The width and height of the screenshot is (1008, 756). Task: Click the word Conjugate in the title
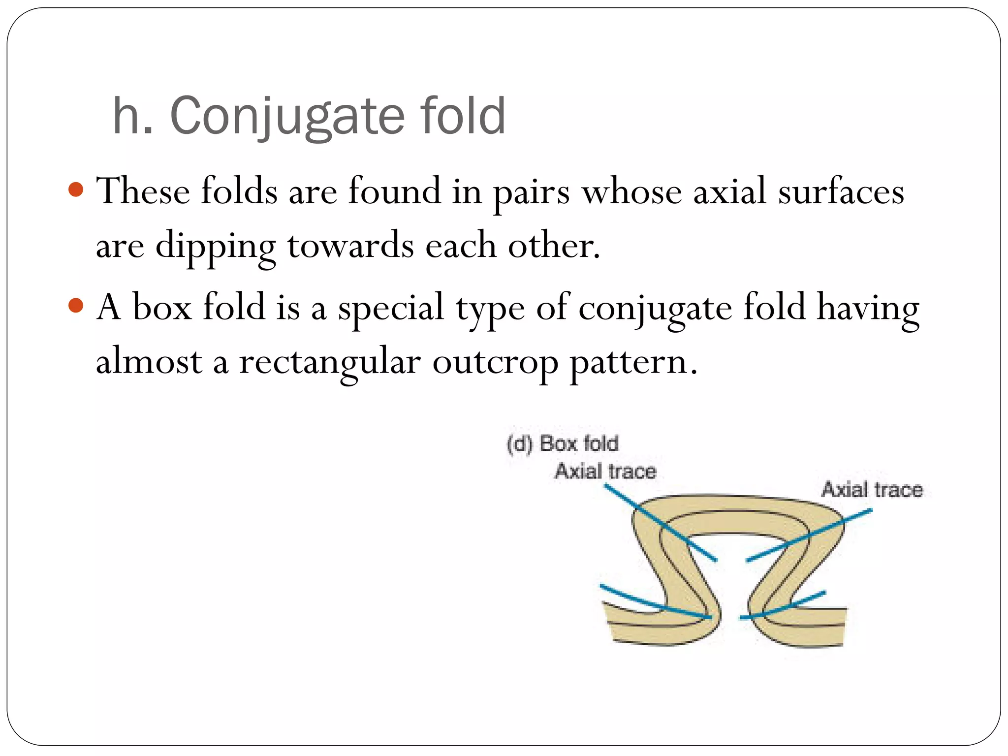[x=288, y=117]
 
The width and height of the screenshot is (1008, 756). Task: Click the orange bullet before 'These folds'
[x=76, y=189]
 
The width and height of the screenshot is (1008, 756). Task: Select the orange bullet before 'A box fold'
[x=76, y=306]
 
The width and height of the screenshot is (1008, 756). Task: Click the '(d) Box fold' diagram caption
[x=563, y=443]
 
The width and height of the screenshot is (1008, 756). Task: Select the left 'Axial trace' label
[x=605, y=471]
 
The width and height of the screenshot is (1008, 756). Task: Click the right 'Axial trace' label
[x=872, y=490]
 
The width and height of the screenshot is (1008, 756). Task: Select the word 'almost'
[x=149, y=362]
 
